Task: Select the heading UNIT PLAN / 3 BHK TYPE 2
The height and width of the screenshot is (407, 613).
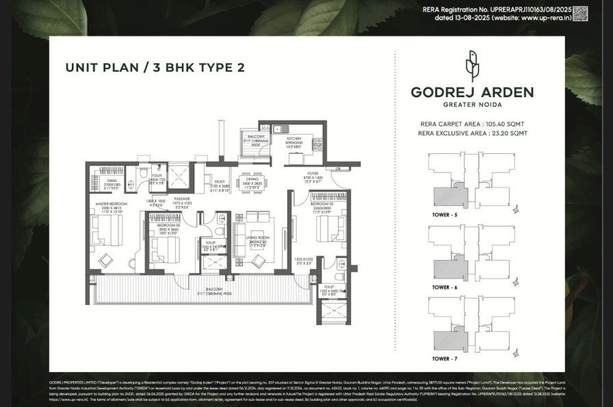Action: pyautogui.click(x=155, y=67)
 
